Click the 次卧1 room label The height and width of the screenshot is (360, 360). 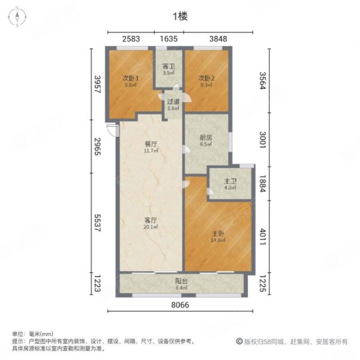tap(131, 78)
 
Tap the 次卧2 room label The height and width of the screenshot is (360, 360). tap(206, 78)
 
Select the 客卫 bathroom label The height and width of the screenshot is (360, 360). tap(169, 67)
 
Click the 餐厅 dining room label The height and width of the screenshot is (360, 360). tap(151, 143)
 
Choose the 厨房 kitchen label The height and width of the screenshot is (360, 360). tap(206, 137)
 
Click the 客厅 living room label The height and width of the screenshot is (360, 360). tap(150, 220)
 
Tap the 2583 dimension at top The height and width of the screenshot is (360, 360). tap(131, 39)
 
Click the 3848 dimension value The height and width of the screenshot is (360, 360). tap(218, 39)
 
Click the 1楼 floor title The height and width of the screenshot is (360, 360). tap(179, 17)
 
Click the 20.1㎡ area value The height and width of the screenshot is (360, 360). tap(150, 228)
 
